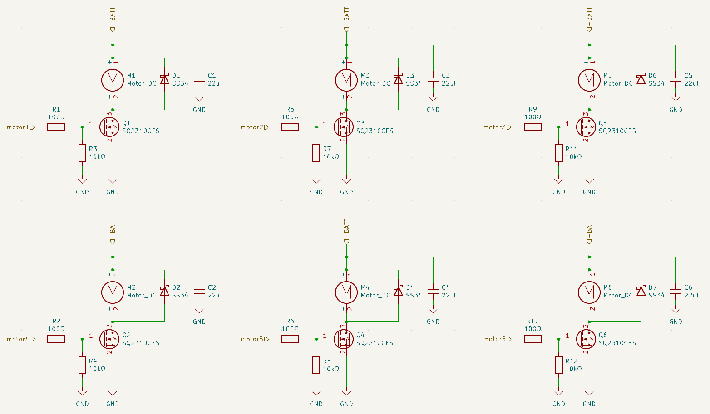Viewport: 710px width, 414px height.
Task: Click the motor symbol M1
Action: coord(113,80)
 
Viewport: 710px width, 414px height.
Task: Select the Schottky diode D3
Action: coord(398,79)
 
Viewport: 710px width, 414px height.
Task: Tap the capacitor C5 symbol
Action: coord(675,79)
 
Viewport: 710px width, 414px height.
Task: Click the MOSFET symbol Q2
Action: coord(110,339)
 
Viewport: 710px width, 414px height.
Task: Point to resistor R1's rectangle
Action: coord(56,127)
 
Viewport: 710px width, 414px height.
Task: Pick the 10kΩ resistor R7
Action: coord(316,153)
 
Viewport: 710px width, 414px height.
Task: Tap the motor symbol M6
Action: coord(589,292)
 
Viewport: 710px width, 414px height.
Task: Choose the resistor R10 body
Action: coord(533,339)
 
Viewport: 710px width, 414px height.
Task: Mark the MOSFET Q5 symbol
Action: coord(586,127)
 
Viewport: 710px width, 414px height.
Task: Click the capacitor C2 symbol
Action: coord(199,292)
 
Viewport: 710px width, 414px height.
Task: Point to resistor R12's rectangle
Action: coord(558,365)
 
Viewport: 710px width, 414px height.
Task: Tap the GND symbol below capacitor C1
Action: coord(199,99)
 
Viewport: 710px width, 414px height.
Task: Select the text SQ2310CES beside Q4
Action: coord(375,343)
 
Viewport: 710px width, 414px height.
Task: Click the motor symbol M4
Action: coord(346,292)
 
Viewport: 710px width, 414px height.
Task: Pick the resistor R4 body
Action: coord(82,365)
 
